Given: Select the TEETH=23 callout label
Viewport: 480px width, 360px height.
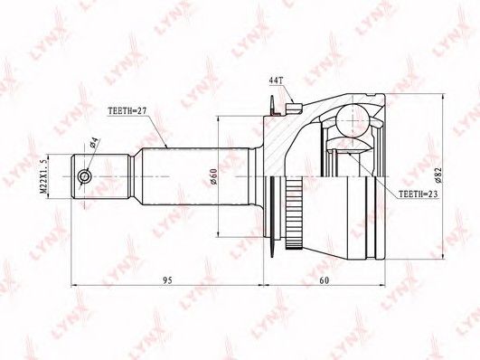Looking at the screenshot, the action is (x=419, y=194).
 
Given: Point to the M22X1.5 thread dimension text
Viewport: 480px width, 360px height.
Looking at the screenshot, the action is (x=43, y=175).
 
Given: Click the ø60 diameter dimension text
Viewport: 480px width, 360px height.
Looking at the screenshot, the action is (x=213, y=177).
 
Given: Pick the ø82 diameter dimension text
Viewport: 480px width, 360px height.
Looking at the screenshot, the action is (x=438, y=175).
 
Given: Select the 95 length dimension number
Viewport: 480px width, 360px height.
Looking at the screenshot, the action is (x=167, y=280).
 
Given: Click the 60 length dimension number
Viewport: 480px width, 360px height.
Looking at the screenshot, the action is (x=325, y=280).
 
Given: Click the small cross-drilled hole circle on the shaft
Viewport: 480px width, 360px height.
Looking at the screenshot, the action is (x=84, y=176).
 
